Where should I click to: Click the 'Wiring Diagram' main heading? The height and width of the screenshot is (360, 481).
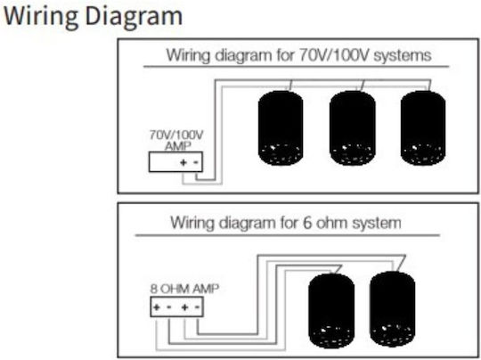[x=93, y=17]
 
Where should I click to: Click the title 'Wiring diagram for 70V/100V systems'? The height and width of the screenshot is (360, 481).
[x=298, y=55]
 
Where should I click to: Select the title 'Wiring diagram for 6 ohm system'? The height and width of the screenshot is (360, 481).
[x=286, y=223]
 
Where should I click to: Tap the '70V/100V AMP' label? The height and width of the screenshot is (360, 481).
[x=176, y=140]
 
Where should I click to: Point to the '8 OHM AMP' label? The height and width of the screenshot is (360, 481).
[x=184, y=289]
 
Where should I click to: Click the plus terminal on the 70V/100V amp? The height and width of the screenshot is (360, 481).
[x=183, y=162]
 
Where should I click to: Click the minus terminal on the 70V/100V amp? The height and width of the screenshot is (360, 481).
[x=196, y=162]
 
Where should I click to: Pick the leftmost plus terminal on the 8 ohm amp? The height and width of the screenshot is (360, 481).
[x=157, y=307]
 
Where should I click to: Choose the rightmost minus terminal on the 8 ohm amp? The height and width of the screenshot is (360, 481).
[x=198, y=307]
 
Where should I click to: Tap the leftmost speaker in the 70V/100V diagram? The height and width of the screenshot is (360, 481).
[x=281, y=128]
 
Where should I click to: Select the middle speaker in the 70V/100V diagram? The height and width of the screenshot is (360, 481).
[x=352, y=128]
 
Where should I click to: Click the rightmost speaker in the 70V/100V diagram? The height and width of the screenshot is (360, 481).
[x=423, y=128]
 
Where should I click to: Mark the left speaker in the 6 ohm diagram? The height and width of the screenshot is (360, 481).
[x=331, y=311]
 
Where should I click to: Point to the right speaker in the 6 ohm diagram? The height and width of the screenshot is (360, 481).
[x=393, y=308]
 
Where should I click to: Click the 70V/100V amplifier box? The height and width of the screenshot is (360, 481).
[x=175, y=162]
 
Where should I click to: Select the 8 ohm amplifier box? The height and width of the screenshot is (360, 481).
[x=176, y=307]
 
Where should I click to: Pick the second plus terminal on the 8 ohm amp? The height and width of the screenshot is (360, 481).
[x=184, y=307]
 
